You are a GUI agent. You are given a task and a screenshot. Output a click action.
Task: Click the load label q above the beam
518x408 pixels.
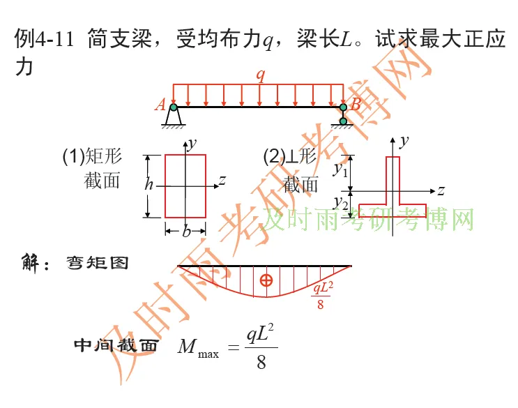click(x=261, y=75)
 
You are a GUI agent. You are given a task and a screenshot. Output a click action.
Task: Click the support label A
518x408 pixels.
click(x=160, y=105)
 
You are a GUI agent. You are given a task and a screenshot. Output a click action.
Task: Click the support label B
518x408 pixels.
click(x=356, y=105)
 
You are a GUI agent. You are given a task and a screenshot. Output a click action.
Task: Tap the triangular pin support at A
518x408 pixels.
click(x=174, y=116)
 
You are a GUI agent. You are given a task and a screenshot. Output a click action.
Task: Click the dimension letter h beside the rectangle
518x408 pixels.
click(x=148, y=185)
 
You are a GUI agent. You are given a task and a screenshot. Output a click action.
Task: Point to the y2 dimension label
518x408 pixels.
click(x=340, y=202)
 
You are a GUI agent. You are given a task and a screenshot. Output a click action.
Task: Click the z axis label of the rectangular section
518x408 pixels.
click(x=222, y=181)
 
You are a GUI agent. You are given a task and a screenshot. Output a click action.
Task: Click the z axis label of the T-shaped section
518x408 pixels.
click(x=441, y=190)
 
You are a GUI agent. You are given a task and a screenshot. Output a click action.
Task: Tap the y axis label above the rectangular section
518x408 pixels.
click(x=192, y=143)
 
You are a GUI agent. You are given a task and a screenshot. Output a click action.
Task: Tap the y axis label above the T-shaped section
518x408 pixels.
click(x=404, y=140)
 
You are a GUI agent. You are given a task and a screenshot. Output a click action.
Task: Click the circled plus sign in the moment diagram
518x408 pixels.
click(x=266, y=280)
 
